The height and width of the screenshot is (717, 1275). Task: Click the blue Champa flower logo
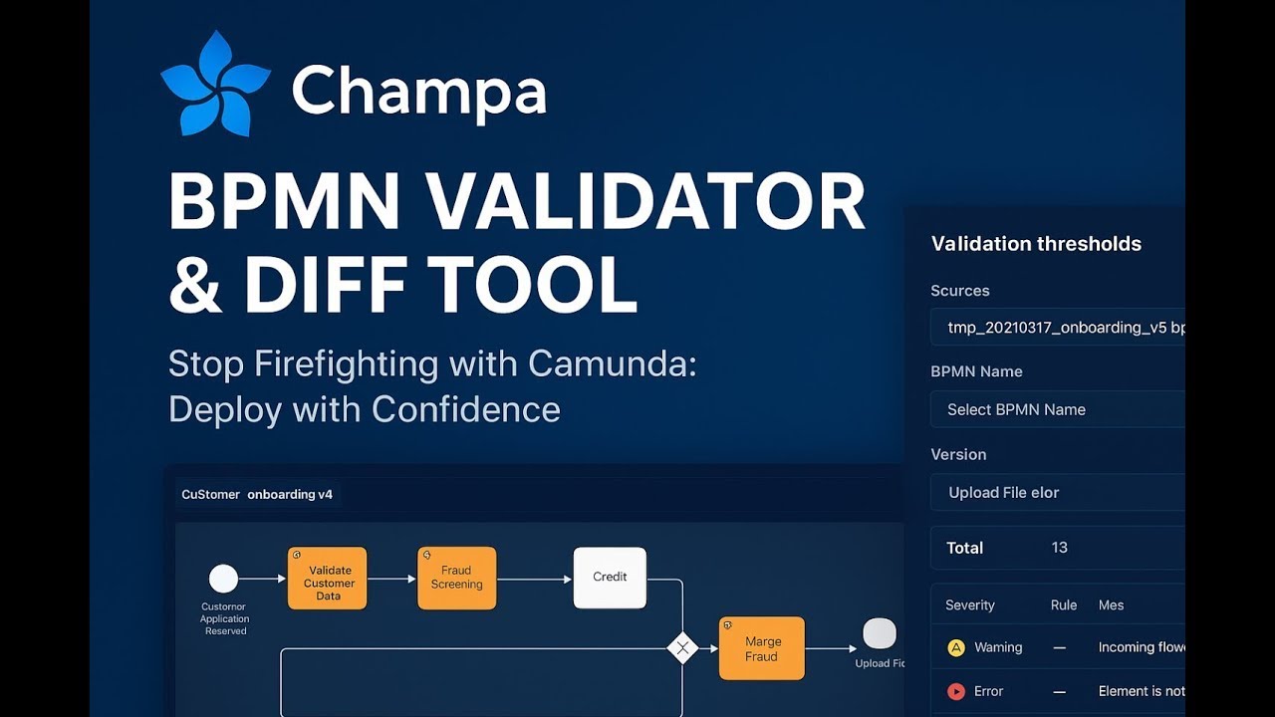click(x=215, y=84)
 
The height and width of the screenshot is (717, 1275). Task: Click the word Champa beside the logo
click(x=419, y=92)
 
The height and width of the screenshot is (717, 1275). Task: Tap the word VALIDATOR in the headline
click(x=645, y=202)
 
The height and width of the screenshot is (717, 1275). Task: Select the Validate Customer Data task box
click(x=328, y=579)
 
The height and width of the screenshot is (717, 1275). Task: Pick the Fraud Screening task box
click(x=456, y=578)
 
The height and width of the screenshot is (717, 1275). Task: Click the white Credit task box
click(x=610, y=578)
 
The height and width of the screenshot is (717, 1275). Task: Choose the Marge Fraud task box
click(x=762, y=648)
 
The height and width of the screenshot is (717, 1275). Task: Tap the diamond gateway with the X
click(x=682, y=649)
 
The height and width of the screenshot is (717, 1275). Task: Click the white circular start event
click(x=224, y=579)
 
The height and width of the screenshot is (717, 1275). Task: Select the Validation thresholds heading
click(x=1036, y=244)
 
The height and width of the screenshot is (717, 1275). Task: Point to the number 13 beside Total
click(x=1060, y=548)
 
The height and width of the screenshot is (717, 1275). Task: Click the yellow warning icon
click(x=956, y=648)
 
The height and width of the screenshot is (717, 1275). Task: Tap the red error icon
click(x=956, y=691)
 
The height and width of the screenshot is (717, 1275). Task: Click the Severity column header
click(x=970, y=605)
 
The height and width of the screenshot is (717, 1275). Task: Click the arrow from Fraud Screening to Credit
click(x=535, y=579)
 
